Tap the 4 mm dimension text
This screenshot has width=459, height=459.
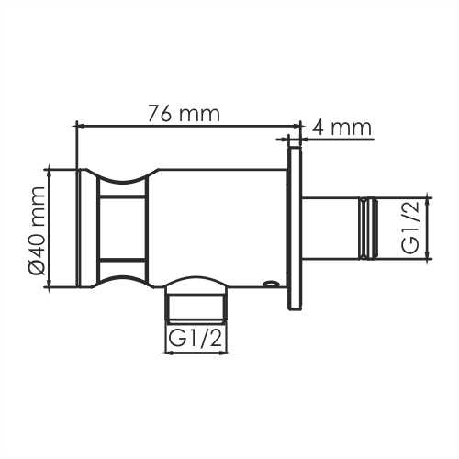341,126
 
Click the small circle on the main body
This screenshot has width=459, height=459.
269,284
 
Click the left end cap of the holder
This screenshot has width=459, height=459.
86,228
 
